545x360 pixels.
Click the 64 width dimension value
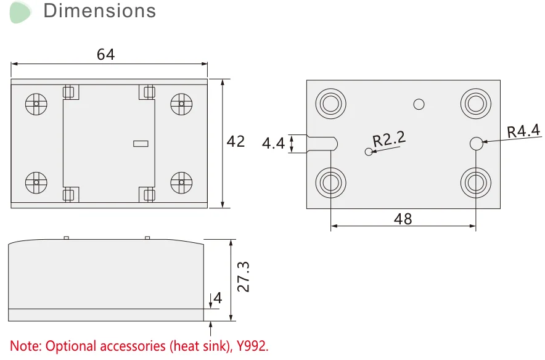coord(105,54)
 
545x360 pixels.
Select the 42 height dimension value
coord(236,142)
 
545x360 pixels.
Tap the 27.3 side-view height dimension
coord(243,276)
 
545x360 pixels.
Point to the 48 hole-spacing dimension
coord(403,218)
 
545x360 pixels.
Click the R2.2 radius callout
coord(389,139)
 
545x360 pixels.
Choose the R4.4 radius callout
coord(523,131)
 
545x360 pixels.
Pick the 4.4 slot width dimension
coord(273,144)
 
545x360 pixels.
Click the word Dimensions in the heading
coord(100,11)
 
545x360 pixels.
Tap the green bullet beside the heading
coord(20,12)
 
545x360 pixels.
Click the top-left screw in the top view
coord(36,104)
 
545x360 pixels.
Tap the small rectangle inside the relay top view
coord(141,144)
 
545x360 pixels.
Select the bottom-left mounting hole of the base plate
coord(330,182)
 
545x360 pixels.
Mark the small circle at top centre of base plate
coord(419,104)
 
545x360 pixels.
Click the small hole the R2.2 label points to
coord(369,152)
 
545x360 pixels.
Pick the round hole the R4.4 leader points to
coord(475,144)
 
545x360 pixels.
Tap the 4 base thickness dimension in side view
coord(217,300)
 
